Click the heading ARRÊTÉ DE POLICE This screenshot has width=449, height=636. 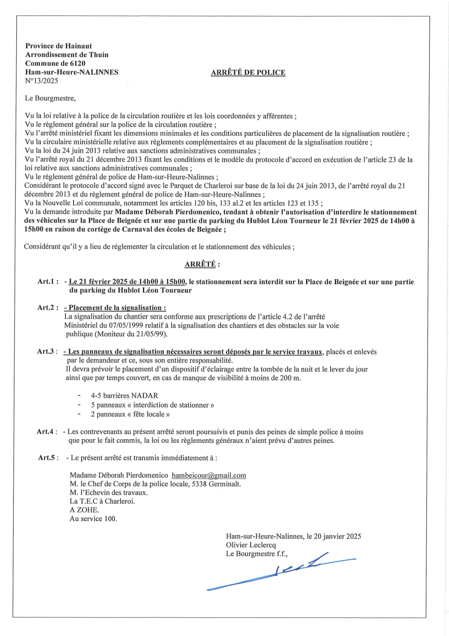(x=248, y=72)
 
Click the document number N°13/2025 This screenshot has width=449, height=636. (x=41, y=81)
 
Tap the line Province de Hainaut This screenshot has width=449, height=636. (x=58, y=46)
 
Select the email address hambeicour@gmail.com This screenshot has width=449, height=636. (x=209, y=475)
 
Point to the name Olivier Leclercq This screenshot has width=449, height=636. (x=251, y=545)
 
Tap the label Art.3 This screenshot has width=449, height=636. (x=47, y=352)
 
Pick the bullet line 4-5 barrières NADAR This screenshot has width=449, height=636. (x=124, y=396)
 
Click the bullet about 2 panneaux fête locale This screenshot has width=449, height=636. (x=130, y=414)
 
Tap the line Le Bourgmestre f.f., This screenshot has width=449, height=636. (x=257, y=554)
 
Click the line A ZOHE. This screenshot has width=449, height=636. (x=84, y=510)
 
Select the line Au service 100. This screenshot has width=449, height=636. (x=93, y=519)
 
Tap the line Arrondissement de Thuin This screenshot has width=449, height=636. (x=67, y=55)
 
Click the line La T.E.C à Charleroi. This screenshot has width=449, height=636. (x=102, y=501)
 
